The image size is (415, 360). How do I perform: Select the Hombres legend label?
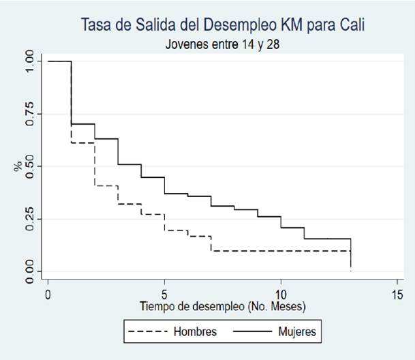click(x=195, y=332)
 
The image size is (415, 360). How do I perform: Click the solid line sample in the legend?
click(x=250, y=332)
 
